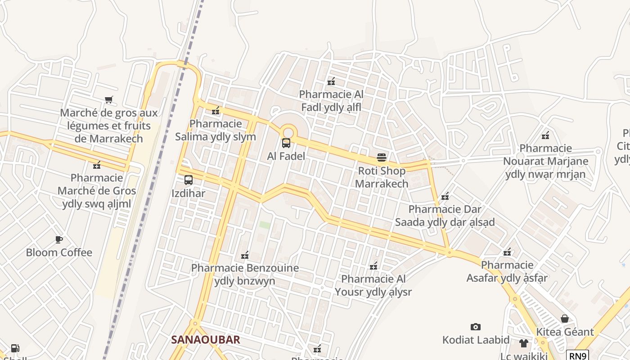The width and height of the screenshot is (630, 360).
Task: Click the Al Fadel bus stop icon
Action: point(286,144)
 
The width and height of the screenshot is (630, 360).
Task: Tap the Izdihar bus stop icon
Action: point(189,180)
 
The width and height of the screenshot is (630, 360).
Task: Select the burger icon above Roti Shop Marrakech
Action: point(382,157)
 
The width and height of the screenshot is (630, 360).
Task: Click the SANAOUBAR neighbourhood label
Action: point(206,340)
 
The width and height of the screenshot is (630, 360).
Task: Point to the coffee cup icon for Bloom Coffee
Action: point(59,239)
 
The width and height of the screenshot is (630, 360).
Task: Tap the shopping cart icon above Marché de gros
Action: point(108,99)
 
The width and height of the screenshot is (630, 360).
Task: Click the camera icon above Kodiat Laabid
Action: point(476,327)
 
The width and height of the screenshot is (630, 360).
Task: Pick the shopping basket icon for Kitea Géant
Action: point(565,319)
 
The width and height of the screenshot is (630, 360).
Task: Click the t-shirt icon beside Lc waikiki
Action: point(523,343)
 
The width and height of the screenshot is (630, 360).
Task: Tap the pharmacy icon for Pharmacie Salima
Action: point(216,110)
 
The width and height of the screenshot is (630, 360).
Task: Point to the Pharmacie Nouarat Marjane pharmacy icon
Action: point(545,135)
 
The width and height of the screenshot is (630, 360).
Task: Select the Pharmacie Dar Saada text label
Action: point(445,216)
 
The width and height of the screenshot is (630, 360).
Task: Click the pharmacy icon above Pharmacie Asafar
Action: point(507,252)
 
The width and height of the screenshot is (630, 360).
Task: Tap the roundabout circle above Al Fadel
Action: point(288,132)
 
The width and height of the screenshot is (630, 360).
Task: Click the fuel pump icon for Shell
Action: point(15,348)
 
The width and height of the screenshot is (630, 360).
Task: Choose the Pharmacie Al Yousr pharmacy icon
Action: point(373,266)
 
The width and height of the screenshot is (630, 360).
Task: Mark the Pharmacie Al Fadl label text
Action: point(331,101)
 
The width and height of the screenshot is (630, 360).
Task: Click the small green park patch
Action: point(265,225)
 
